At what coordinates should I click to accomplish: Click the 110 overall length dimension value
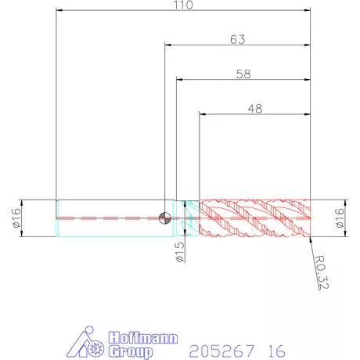(183, 5)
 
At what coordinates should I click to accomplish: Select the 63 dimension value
(238, 39)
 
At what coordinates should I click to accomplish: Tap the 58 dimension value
(243, 74)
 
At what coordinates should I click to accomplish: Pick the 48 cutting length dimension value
(255, 109)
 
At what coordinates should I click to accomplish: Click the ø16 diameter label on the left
(16, 218)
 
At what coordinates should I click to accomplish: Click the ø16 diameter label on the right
(340, 218)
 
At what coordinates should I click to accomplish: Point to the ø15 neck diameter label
(180, 252)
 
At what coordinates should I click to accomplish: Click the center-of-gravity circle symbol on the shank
(165, 218)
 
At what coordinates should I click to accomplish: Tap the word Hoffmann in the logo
(143, 338)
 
